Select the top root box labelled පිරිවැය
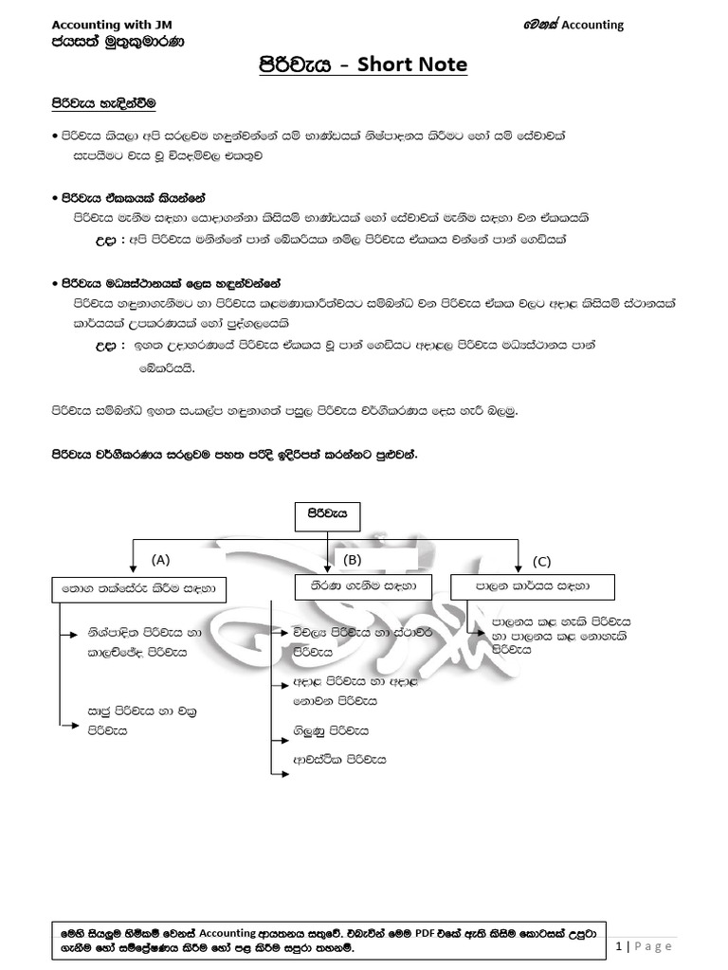click(328, 513)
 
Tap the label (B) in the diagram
click(353, 559)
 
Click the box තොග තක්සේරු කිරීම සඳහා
click(139, 589)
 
